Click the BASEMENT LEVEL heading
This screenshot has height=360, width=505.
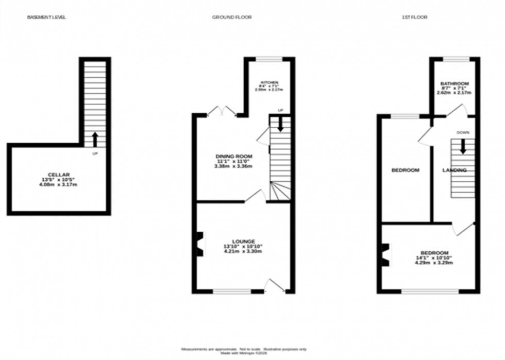tap(46, 17)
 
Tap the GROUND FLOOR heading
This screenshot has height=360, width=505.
tap(231, 17)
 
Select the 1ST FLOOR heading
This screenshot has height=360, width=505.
tap(414, 17)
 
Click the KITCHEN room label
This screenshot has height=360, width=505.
tap(269, 82)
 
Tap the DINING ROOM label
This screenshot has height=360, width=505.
tap(233, 156)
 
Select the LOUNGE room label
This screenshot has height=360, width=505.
tap(243, 241)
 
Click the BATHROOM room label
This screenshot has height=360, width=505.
tap(454, 84)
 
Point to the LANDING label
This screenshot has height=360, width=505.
tap(454, 170)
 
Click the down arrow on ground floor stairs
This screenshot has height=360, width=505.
tap(279, 124)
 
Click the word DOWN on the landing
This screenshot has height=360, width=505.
tap(462, 132)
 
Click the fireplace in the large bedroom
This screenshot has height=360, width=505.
tap(384, 254)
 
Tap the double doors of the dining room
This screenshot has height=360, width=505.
tap(222, 111)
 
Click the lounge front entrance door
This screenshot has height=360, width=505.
tap(274, 286)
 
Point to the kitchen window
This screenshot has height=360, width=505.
tap(270, 60)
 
